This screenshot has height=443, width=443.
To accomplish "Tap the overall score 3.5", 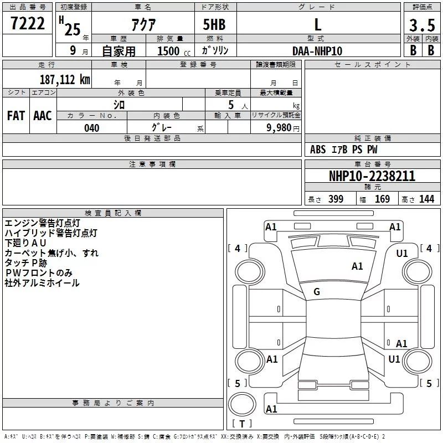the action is [421, 25].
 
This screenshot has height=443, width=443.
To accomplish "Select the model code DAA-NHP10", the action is [317, 51].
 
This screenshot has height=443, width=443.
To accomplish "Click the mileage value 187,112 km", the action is [65, 79].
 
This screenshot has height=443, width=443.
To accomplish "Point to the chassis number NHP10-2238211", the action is [372, 176].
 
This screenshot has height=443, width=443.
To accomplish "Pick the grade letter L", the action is [317, 24].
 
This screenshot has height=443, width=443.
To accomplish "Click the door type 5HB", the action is [214, 25].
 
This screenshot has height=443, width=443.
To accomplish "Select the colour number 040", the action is [92, 128].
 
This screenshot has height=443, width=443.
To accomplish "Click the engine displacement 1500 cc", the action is [168, 51].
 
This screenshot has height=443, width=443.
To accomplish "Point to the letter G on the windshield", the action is [317, 292].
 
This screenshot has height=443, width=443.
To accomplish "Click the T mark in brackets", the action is [242, 424].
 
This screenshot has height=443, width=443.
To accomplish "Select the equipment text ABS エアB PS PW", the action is [343, 150].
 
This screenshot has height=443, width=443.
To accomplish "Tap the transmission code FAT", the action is [16, 116].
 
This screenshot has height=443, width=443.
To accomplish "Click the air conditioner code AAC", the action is [42, 116].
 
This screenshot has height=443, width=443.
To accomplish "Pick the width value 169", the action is [383, 199].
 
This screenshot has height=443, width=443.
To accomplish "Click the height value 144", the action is [426, 199].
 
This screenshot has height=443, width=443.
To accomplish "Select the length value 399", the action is [336, 199].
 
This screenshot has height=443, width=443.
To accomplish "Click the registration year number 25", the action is [72, 29].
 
